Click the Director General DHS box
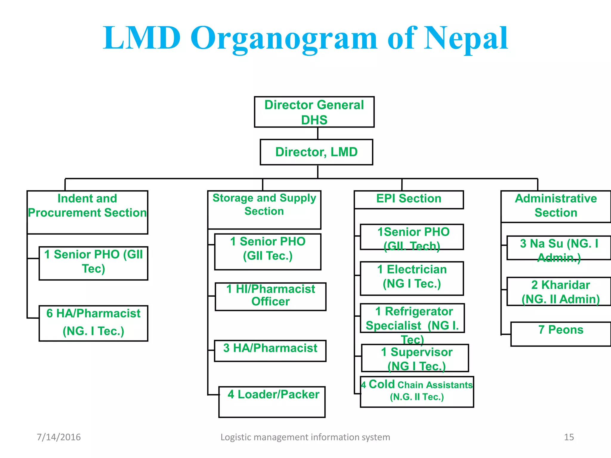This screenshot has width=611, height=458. pos(314,112)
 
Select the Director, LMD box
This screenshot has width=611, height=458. pos(316,152)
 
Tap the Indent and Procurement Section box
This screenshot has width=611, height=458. pos(87,212)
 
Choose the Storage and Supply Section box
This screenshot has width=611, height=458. pos(264,210)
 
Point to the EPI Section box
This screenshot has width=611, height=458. pos(409,199)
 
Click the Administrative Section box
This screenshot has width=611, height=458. pos(556,206)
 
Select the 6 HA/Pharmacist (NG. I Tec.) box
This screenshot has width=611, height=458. pos(93,323)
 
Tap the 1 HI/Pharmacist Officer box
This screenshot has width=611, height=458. pos(270,296)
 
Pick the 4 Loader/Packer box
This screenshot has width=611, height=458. pos(272,402)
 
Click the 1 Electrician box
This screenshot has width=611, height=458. pos(412,278)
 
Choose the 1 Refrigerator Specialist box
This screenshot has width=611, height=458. pos(412,318)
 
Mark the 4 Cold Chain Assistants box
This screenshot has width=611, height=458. pos(417,392)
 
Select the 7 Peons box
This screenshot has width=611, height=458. pos(561,334)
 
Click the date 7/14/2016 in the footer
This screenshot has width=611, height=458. pos(59,437)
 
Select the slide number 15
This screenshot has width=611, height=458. pos(569,437)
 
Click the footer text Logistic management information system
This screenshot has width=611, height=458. pos(305,437)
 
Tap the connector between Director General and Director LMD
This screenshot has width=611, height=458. pos(318,133)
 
